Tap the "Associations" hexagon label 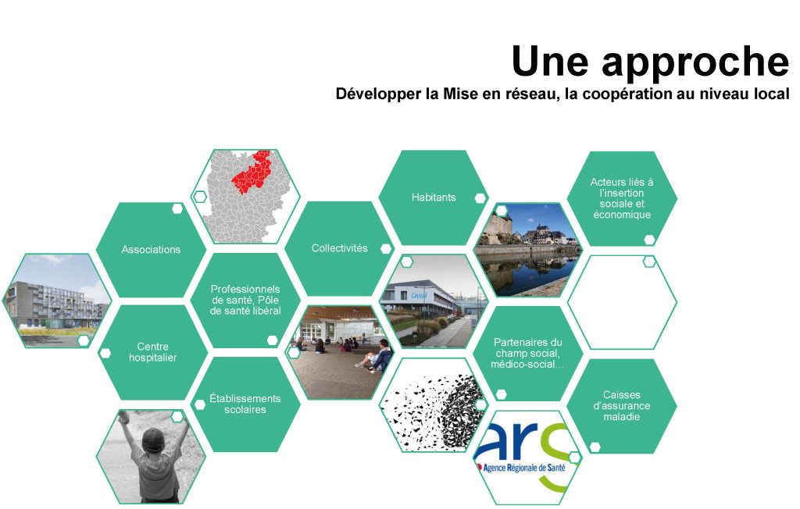[151, 249]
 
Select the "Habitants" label [434, 198]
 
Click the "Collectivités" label [339, 248]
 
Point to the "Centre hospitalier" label [152, 352]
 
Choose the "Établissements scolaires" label [245, 404]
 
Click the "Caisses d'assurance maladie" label [621, 405]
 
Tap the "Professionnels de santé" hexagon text [245, 295]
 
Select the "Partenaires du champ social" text [527, 348]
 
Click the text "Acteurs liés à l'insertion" [621, 187]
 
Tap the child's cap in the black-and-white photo [153, 440]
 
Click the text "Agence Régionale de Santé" [524, 467]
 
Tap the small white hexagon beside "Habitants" [480, 198]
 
